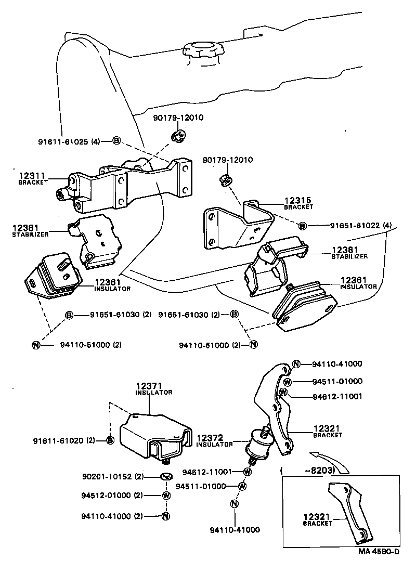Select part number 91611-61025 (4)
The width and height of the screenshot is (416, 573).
click(x=69, y=141)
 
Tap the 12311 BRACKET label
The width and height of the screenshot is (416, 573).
click(x=33, y=179)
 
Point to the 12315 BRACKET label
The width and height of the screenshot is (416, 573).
click(x=298, y=203)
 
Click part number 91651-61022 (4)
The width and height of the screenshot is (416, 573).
click(x=360, y=226)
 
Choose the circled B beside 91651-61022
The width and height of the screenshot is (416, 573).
click(x=303, y=226)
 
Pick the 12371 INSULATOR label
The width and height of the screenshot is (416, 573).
click(x=153, y=388)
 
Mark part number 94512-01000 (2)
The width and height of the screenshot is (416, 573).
click(x=113, y=495)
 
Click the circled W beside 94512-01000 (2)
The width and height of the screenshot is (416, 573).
click(x=165, y=495)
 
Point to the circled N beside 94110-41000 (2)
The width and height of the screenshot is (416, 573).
click(x=165, y=516)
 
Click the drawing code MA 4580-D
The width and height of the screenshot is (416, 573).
click(x=378, y=555)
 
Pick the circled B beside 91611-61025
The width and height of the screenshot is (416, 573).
click(x=116, y=141)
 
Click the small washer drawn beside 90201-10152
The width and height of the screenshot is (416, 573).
click(x=166, y=476)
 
